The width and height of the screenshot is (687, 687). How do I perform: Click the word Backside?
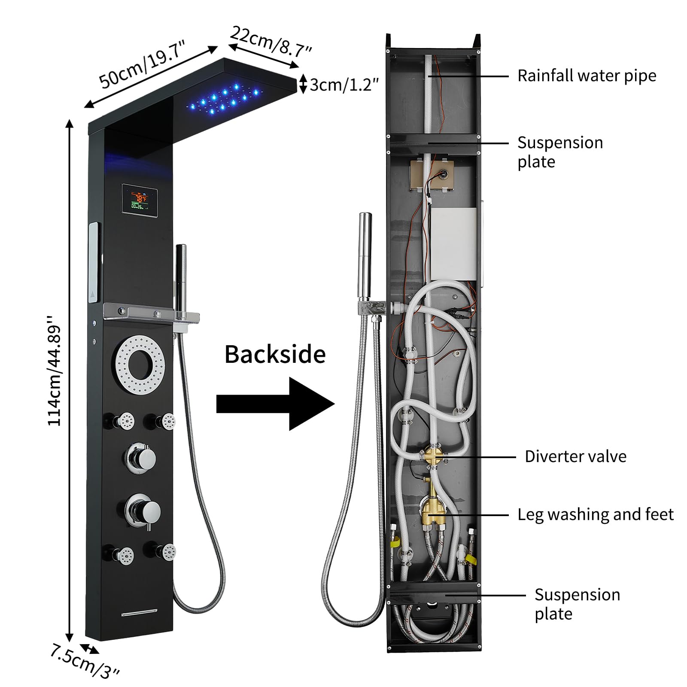coord(275,355)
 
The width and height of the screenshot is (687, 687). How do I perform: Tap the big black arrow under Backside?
coord(275,404)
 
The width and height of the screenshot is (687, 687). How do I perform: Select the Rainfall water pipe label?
coord(587,76)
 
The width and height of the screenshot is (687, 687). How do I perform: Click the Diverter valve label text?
coord(575,456)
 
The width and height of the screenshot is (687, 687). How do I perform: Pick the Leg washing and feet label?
coord(595,514)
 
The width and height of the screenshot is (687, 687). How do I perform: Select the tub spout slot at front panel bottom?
coord(139,612)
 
